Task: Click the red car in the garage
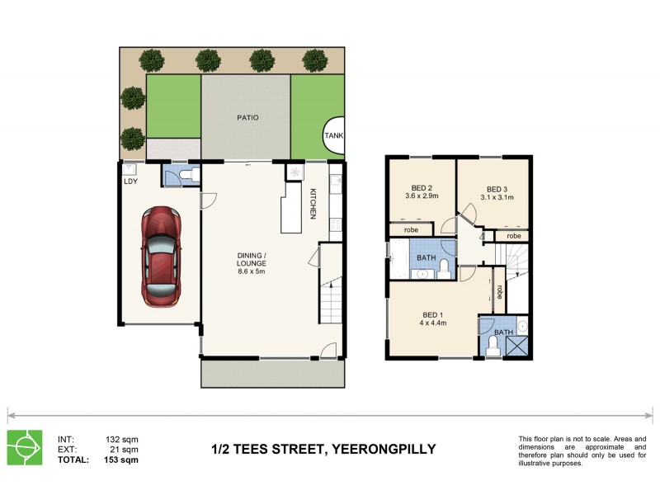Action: click(x=160, y=257)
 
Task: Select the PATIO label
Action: click(x=247, y=118)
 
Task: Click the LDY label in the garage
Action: click(x=130, y=181)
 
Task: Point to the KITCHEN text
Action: click(x=313, y=204)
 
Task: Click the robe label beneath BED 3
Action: click(x=513, y=236)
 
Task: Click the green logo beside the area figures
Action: click(x=25, y=448)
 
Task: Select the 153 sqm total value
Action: click(x=122, y=461)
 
